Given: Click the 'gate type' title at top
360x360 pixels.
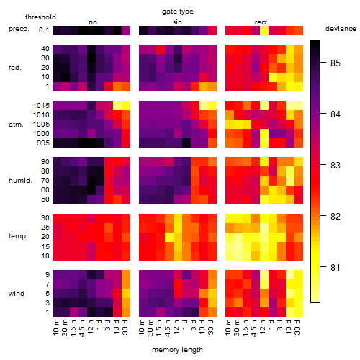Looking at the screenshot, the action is pos(178,12).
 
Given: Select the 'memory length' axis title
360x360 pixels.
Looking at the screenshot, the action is pos(177,350).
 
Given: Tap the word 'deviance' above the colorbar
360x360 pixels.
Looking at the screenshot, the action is pos(341,29).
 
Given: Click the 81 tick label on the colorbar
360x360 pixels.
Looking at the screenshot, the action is pos(336,267).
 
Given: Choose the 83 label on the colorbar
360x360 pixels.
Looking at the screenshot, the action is pos(336,166).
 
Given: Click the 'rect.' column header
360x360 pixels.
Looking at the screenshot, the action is pos(262,22).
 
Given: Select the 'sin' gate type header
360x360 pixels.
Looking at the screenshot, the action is pos(177,22).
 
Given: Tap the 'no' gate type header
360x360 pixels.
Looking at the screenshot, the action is pos(93,22).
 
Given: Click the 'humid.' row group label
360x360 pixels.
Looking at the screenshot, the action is pos(20,181).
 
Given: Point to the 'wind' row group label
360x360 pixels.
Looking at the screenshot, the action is pos(17,294).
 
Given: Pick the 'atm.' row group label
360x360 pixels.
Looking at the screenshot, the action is pos(16,125).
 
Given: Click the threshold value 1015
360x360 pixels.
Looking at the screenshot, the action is pos(41,106).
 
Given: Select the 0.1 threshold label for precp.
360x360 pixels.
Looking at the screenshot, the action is pos(44,30).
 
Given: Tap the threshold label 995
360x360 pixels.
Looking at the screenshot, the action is pos(43,143).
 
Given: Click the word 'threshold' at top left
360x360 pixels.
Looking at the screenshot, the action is pos(40,17).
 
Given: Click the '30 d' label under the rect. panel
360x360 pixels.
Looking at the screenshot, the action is pos(297,327).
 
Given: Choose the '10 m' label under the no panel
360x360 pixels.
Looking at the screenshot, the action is pos(55,328).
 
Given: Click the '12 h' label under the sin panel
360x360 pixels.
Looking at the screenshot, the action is pos(176,327).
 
